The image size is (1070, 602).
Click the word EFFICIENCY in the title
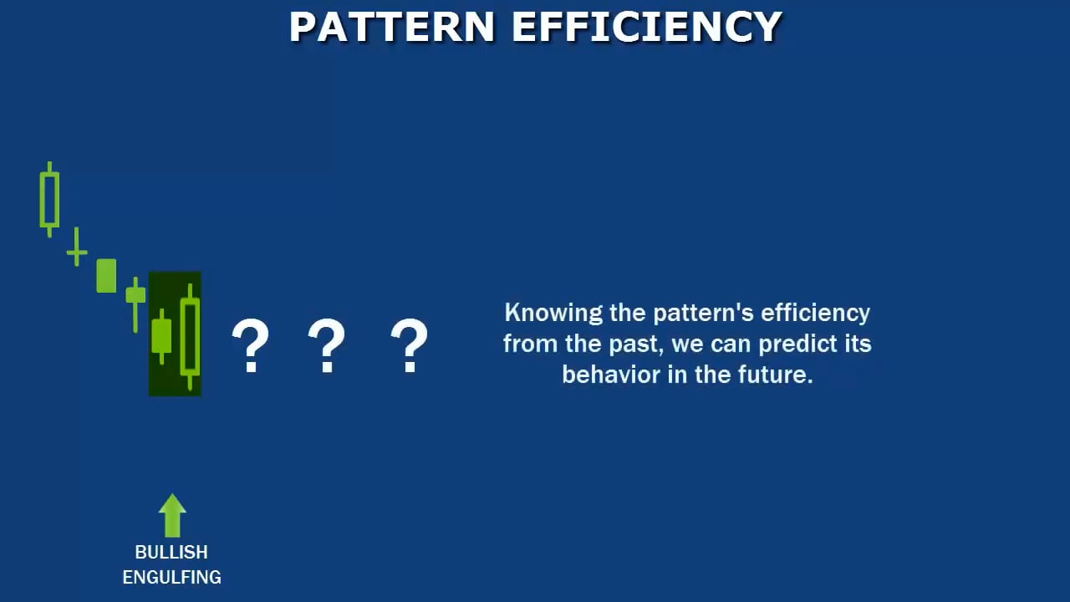pyautogui.click(x=646, y=28)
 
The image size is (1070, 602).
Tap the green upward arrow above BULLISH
pyautogui.click(x=172, y=515)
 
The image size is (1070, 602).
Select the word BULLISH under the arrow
pyautogui.click(x=171, y=552)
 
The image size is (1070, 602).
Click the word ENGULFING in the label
pyautogui.click(x=171, y=577)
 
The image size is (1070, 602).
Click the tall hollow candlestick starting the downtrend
pyautogui.click(x=49, y=199)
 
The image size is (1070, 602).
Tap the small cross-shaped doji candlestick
pyautogui.click(x=77, y=249)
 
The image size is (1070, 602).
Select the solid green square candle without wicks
pyautogui.click(x=106, y=276)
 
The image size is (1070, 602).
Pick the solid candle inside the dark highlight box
pyautogui.click(x=161, y=336)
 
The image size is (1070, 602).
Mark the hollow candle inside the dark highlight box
pyautogui.click(x=191, y=336)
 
